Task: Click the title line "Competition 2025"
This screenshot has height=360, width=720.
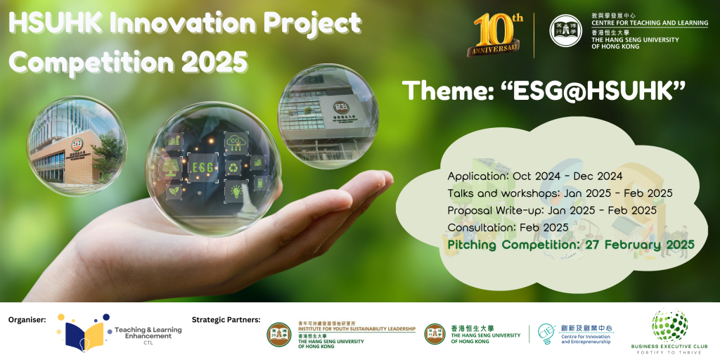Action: (129, 63)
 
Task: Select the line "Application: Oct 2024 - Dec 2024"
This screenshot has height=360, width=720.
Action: (535, 176)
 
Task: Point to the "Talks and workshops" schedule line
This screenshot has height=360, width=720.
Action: (560, 193)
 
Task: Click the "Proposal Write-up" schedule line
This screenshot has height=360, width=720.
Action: (552, 210)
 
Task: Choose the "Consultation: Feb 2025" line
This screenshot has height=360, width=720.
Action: (508, 227)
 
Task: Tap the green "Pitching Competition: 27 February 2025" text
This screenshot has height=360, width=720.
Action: (570, 245)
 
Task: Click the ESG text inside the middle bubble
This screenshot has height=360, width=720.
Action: (202, 167)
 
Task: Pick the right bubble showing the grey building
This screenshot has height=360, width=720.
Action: (328, 115)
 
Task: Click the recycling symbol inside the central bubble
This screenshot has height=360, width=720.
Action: (233, 167)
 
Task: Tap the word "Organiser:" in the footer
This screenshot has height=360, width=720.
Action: (27, 319)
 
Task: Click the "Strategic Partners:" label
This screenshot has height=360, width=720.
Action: (226, 319)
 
